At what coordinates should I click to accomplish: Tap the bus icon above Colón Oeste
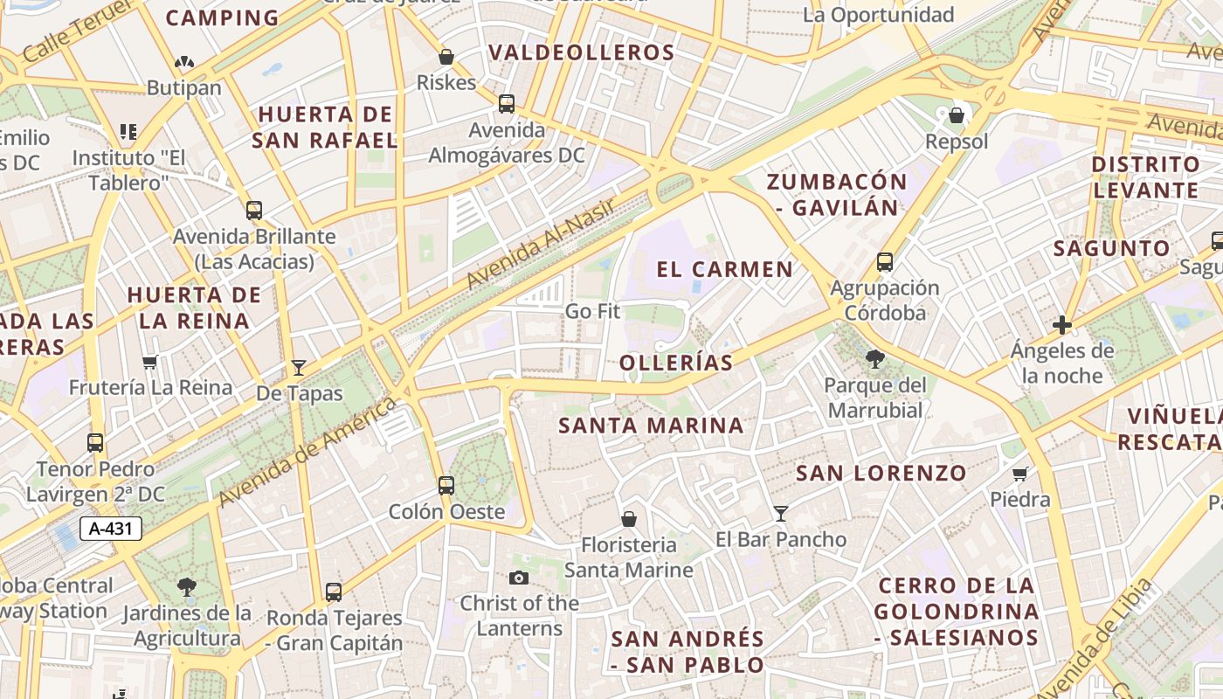(446, 485)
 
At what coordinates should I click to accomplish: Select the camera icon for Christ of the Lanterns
(519, 578)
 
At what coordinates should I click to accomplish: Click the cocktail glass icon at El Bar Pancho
(781, 514)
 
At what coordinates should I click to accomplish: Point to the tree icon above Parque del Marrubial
(874, 358)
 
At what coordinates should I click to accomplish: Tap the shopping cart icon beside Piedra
(1019, 474)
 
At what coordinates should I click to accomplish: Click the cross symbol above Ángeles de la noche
(1062, 326)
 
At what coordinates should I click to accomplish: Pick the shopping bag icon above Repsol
(957, 115)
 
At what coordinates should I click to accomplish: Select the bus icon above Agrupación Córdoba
(885, 261)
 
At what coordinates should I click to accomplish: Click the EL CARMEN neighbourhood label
(725, 269)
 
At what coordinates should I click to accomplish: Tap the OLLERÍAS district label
(676, 363)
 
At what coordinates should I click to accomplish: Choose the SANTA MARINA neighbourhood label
(651, 426)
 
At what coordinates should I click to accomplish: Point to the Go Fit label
(592, 311)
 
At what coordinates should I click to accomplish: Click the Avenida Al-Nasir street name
(541, 244)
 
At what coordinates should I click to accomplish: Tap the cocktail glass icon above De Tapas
(299, 368)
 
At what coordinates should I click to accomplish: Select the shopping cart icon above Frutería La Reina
(150, 362)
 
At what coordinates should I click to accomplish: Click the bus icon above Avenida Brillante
(254, 211)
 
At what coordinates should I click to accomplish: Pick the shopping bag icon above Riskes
(446, 58)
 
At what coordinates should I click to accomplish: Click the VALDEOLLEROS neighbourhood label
(582, 52)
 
